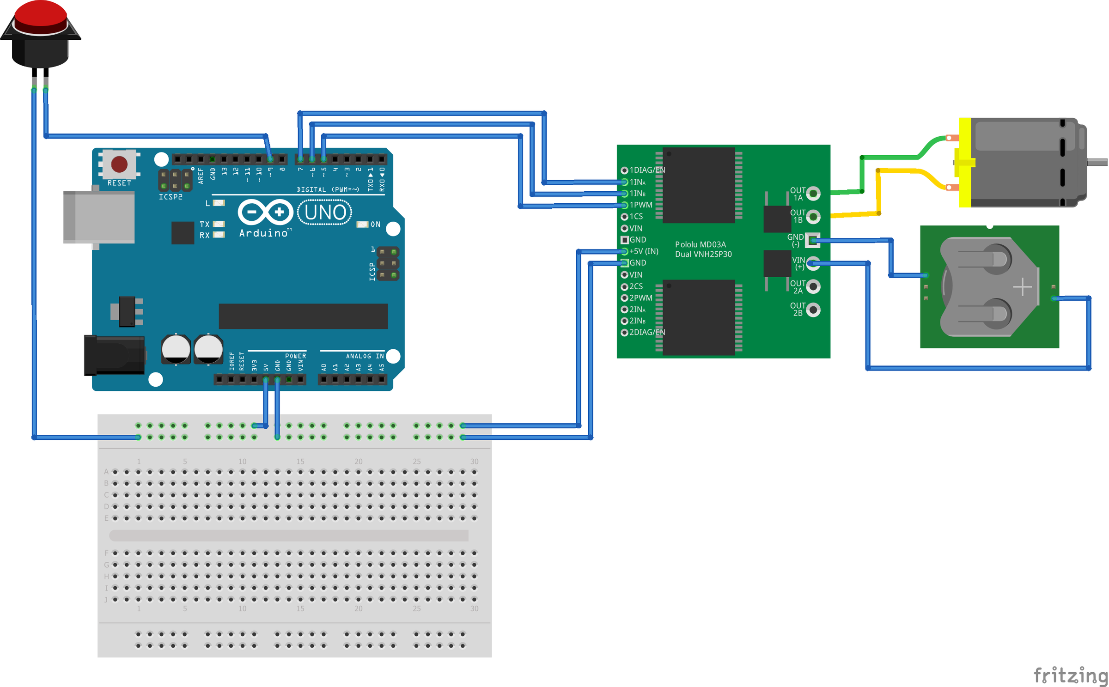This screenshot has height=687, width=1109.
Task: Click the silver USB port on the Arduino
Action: tap(99, 217)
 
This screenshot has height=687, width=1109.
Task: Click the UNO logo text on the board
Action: tap(325, 213)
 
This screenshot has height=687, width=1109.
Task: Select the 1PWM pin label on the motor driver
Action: tap(641, 205)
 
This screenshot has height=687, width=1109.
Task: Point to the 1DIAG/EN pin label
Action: tap(647, 170)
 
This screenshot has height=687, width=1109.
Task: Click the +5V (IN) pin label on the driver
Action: tap(644, 251)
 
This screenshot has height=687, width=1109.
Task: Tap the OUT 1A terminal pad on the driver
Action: tap(813, 193)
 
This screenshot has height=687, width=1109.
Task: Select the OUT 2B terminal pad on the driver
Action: tap(813, 310)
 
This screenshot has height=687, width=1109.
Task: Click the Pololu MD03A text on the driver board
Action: tap(700, 244)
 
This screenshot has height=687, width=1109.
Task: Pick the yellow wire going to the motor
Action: tap(901, 171)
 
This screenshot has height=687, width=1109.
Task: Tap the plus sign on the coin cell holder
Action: tap(1022, 287)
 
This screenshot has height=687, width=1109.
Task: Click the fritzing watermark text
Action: tap(1070, 675)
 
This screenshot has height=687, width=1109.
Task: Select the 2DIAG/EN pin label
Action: tap(647, 332)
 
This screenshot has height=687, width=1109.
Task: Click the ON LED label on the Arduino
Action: tap(375, 225)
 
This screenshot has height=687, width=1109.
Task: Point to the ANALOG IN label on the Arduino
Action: tap(365, 356)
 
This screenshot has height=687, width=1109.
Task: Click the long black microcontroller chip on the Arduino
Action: tap(303, 316)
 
